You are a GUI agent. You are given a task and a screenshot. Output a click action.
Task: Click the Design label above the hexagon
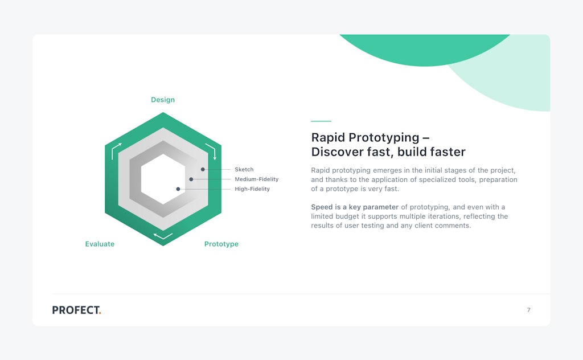coord(163,100)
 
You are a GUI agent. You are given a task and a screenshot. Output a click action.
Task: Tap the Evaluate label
coord(100,244)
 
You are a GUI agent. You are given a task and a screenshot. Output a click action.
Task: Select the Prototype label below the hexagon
coord(221,244)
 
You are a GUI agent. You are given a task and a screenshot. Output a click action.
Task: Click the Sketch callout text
coord(244,170)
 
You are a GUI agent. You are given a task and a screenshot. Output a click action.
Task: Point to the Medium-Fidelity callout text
coord(257,179)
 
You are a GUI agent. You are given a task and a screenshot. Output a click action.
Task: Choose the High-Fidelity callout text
coord(252,189)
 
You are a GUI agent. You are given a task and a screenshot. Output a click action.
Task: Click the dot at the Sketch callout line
coord(203,169)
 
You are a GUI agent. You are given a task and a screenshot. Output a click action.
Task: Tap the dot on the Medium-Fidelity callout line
coord(191,179)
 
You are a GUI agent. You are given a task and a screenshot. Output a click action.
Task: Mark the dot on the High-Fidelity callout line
coord(178,189)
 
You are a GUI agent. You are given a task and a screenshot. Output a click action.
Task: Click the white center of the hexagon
coord(163,179)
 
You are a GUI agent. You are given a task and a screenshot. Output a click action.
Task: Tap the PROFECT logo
coord(77,310)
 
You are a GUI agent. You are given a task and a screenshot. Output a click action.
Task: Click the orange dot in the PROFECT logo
coord(100,313)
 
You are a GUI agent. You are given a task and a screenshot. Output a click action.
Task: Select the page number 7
coord(529,310)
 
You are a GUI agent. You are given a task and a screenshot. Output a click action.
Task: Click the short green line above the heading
coord(321,121)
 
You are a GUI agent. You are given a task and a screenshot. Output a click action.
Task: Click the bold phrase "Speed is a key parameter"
coord(355,207)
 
